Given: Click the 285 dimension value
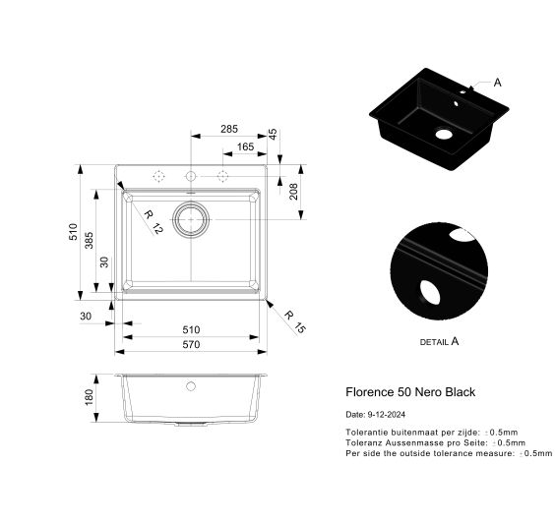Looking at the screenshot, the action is pyautogui.click(x=229, y=129).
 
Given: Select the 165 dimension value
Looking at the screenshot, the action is pyautogui.click(x=245, y=146).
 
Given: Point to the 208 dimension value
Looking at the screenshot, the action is pyautogui.click(x=293, y=192).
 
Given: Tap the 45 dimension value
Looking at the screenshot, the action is pyautogui.click(x=273, y=135).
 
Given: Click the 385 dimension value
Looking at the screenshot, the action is pyautogui.click(x=89, y=241).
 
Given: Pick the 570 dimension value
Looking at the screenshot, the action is pyautogui.click(x=191, y=344).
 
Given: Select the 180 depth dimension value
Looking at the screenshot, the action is pyautogui.click(x=89, y=397).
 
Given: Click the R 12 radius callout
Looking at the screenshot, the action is pyautogui.click(x=154, y=222).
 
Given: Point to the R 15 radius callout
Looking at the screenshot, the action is pyautogui.click(x=294, y=321).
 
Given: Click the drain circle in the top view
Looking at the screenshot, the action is pyautogui.click(x=191, y=219).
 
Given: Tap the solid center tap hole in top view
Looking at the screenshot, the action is pyautogui.click(x=191, y=176).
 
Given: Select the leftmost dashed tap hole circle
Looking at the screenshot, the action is pyautogui.click(x=159, y=176).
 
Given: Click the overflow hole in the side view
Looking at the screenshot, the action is pyautogui.click(x=191, y=386).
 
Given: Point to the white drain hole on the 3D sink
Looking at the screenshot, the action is pyautogui.click(x=444, y=134).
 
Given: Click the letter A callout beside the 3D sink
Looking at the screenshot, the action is pyautogui.click(x=497, y=83).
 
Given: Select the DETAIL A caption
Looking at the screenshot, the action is pyautogui.click(x=439, y=341).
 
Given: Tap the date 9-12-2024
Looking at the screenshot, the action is pyautogui.click(x=387, y=415).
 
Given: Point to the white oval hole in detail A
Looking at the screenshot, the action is pyautogui.click(x=430, y=292).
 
